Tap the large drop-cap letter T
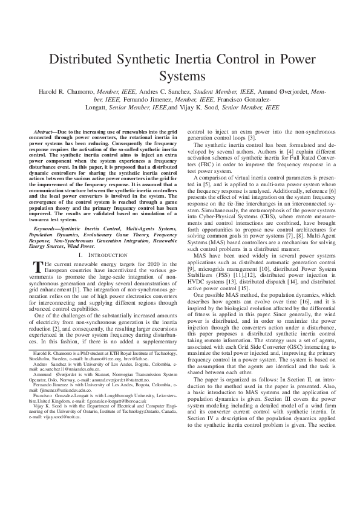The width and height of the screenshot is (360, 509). [x=38, y=267]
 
